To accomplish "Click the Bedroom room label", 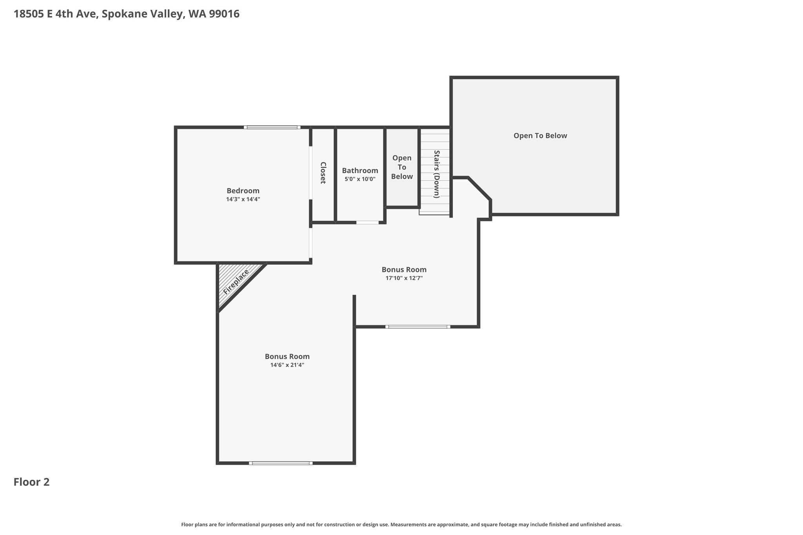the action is click(243, 191).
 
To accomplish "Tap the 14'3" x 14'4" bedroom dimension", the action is click(243, 199).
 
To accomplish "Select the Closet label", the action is click(323, 173).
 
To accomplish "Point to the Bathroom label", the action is click(360, 170).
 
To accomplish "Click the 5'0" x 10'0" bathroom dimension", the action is click(360, 179).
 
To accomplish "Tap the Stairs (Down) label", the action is click(436, 174).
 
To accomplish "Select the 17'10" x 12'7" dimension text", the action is click(404, 278).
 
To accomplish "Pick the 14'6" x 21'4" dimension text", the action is click(287, 365).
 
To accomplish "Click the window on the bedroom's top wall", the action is click(272, 127).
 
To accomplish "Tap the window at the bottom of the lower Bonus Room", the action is click(281, 463).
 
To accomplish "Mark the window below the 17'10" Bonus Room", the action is click(418, 326).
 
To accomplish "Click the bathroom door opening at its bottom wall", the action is click(367, 223).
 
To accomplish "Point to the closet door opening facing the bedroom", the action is click(311, 173).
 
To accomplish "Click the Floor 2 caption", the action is click(32, 482).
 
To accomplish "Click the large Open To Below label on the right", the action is click(540, 136).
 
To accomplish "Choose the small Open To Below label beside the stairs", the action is click(402, 167).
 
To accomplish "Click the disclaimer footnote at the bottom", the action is click(401, 524).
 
